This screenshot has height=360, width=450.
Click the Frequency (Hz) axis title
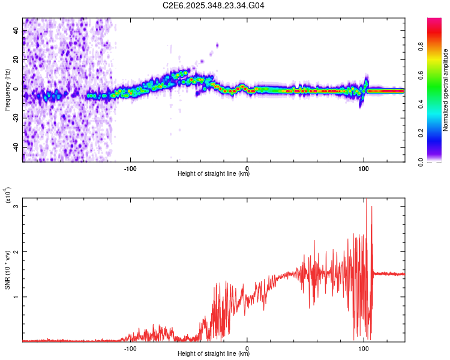8,89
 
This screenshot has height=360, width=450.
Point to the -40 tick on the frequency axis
15,147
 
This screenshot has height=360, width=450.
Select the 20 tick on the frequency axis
16,59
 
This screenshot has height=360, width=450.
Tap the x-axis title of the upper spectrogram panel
214,174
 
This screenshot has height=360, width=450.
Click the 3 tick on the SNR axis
17,206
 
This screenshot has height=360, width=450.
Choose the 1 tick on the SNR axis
17,296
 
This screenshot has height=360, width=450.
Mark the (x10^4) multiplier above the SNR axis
7,196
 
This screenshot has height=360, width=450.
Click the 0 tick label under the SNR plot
247,347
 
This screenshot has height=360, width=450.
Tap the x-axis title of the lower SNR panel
214,354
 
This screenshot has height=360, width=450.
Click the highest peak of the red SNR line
365,200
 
